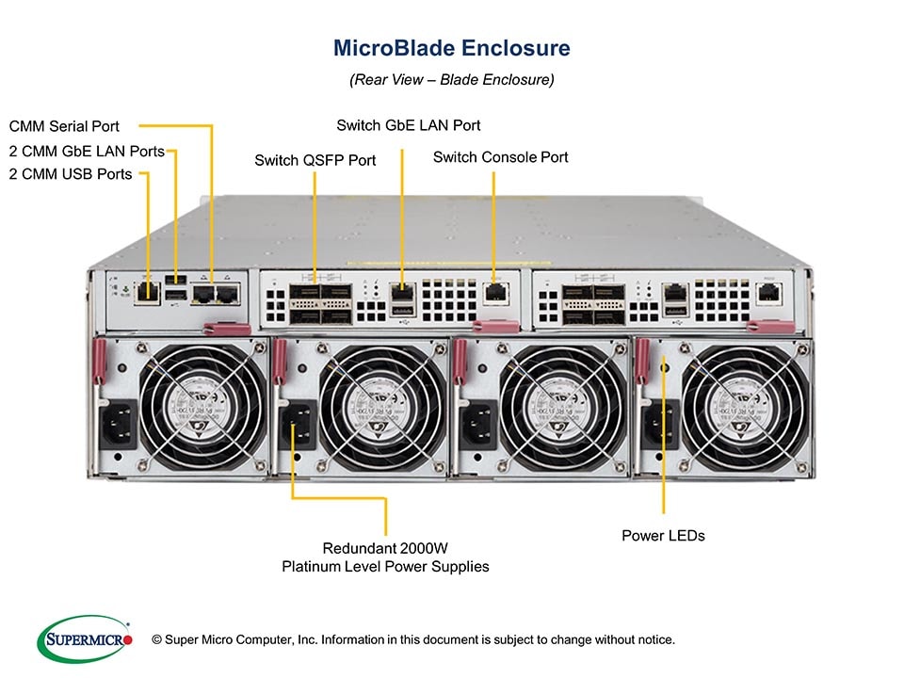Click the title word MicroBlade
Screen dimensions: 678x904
coord(387,47)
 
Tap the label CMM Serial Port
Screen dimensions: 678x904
coord(64,126)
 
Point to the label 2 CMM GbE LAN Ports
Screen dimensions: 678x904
coord(87,151)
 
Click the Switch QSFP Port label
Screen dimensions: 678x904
coord(315,160)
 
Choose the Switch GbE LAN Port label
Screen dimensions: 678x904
coord(409,125)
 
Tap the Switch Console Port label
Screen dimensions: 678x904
coord(500,157)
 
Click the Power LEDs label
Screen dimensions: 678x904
coord(663,536)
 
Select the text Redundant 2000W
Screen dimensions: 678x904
coord(385,548)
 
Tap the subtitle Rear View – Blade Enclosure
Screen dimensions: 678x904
coord(452,80)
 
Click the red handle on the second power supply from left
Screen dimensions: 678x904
coord(280,362)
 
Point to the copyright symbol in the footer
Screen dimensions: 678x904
coord(157,639)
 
